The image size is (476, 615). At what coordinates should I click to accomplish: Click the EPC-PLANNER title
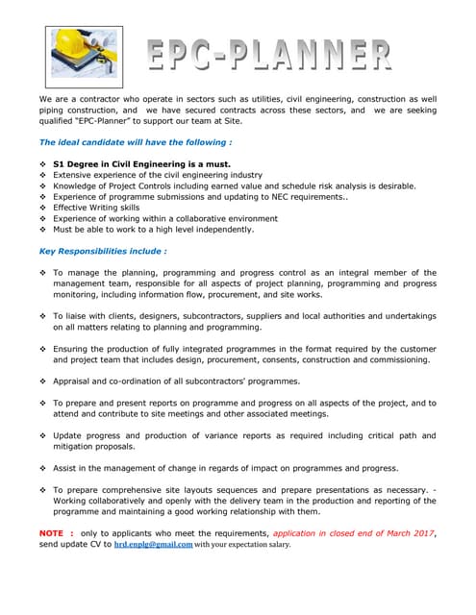[x=269, y=55]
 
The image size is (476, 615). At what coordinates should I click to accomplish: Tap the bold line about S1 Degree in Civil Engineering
[x=141, y=163]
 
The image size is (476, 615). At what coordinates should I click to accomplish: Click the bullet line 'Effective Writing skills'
[x=96, y=208]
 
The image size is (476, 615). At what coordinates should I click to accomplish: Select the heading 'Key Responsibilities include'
[x=103, y=251]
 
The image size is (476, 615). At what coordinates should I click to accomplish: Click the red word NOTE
[x=51, y=532]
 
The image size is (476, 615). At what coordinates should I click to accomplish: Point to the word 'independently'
[x=226, y=230]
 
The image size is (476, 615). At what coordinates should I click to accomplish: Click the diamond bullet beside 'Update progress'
[x=43, y=435]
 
